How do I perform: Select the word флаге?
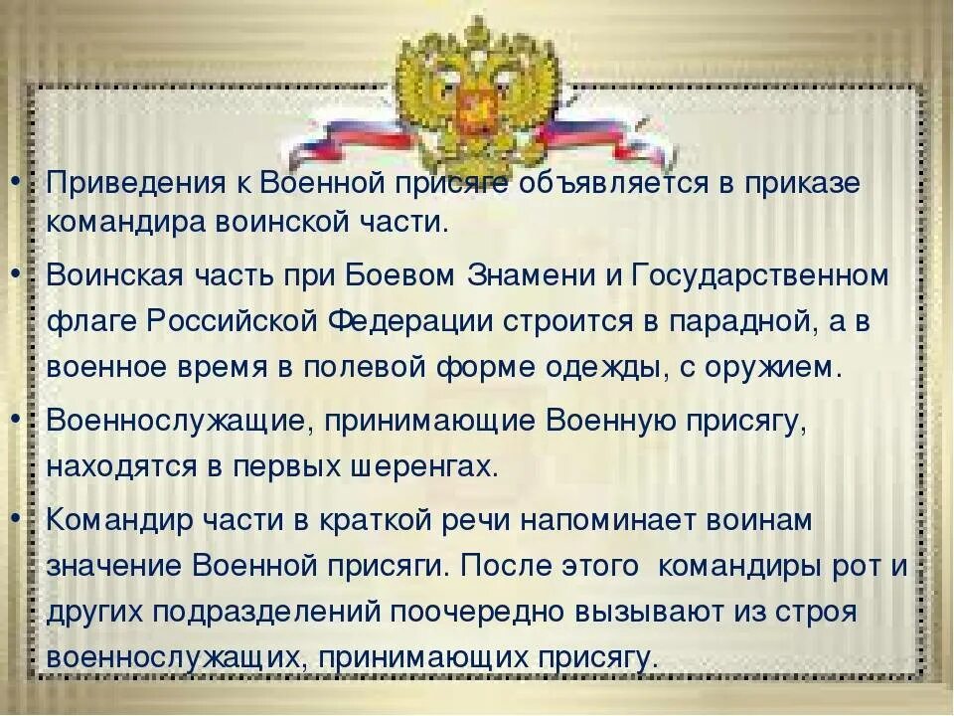(x=90, y=322)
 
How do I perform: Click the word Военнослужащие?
(x=173, y=421)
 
